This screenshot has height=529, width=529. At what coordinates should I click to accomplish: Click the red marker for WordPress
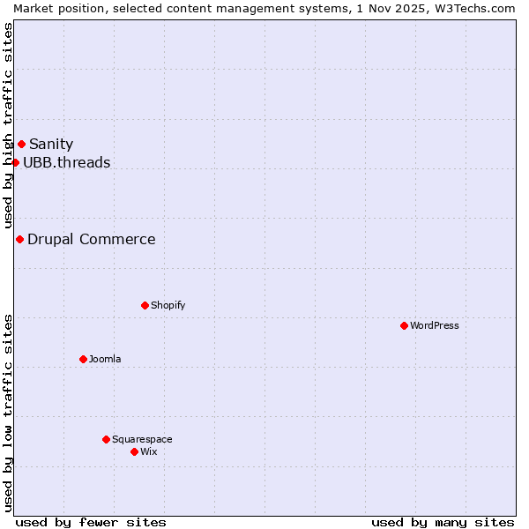click(404, 325)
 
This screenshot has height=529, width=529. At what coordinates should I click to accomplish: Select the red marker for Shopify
click(145, 305)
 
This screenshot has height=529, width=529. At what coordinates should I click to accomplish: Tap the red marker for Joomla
click(83, 359)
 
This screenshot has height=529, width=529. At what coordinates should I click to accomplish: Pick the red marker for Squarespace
click(106, 439)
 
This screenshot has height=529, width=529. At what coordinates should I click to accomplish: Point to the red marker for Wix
click(134, 451)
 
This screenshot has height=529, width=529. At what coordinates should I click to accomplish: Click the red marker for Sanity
click(21, 144)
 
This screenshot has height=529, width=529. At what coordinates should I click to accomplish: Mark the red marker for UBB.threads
click(15, 162)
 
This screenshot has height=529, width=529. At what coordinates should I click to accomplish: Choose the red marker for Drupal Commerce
click(19, 239)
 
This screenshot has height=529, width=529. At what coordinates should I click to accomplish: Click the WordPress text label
click(435, 325)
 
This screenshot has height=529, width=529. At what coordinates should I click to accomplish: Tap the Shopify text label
click(168, 305)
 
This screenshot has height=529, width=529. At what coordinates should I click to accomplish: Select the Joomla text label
click(105, 359)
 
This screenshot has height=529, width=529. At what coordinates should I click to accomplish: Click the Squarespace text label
click(142, 439)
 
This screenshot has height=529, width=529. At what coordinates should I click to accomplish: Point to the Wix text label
click(149, 451)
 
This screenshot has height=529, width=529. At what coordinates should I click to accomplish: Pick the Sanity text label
click(51, 144)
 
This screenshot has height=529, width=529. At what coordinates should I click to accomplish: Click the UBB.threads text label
click(67, 162)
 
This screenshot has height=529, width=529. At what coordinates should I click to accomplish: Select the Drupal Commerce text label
click(92, 239)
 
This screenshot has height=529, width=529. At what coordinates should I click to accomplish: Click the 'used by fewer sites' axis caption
click(91, 522)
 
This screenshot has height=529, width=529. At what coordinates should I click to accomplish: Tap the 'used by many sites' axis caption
click(443, 522)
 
